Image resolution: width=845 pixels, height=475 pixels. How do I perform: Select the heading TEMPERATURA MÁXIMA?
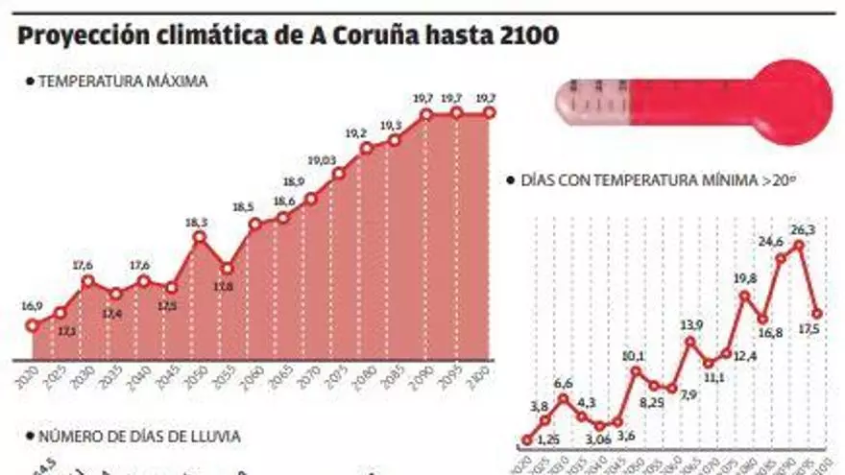(x=122, y=82)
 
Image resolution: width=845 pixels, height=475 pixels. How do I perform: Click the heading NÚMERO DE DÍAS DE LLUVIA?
(x=138, y=436)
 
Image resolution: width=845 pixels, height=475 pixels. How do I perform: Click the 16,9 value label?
(x=32, y=306)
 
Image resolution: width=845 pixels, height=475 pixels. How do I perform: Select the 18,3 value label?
(x=197, y=222)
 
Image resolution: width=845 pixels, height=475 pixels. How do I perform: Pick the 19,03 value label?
(x=322, y=160)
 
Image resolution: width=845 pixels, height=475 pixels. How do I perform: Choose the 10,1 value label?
(x=633, y=356)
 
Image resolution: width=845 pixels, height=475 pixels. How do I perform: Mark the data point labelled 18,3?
(x=199, y=237)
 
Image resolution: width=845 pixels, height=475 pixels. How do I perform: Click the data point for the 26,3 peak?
(x=798, y=245)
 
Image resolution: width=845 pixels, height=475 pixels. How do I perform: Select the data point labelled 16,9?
(x=33, y=325)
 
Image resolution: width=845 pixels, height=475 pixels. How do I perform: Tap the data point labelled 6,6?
(x=563, y=398)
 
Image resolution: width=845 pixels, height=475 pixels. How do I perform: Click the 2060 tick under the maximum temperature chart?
(x=252, y=375)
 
